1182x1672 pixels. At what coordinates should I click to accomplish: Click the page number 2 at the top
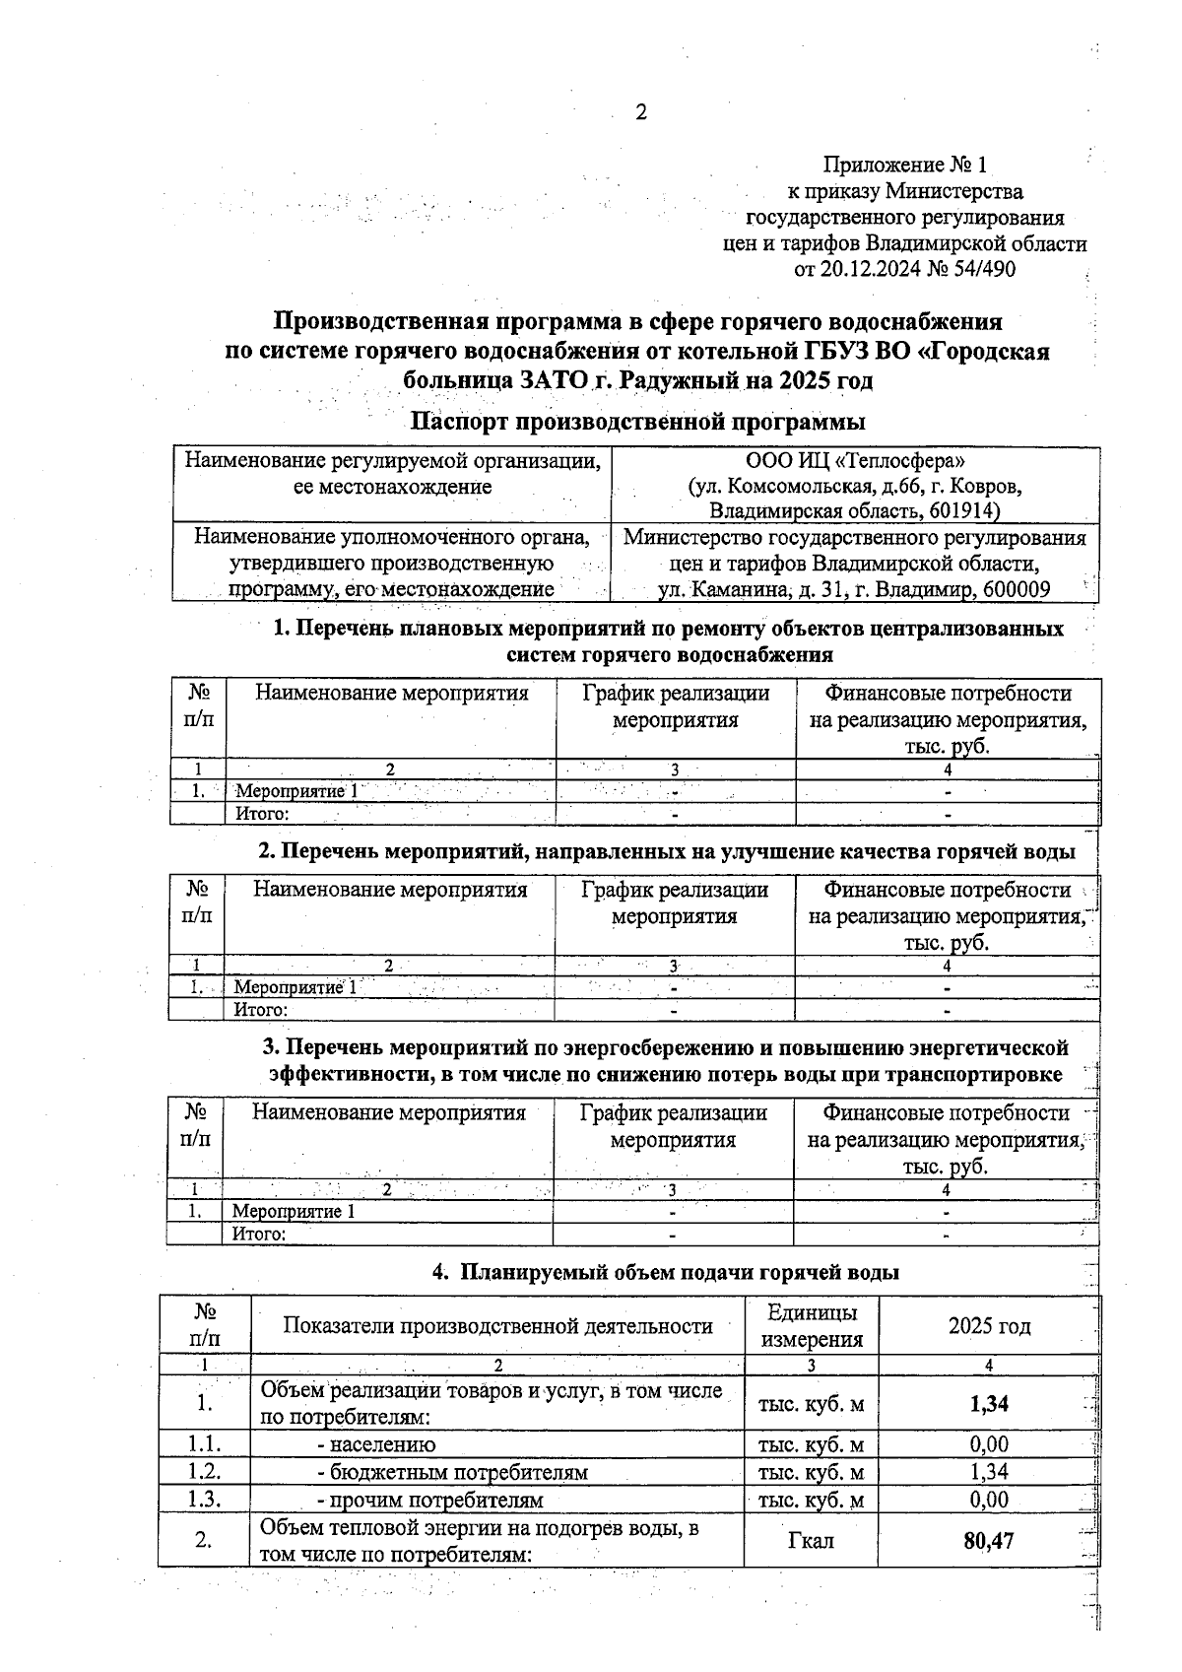pyautogui.click(x=640, y=112)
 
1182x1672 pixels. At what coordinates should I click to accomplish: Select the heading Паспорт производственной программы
pyautogui.click(x=637, y=422)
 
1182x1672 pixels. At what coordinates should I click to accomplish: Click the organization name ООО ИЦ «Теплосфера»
pyautogui.click(x=855, y=460)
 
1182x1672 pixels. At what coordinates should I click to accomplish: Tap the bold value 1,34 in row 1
pyautogui.click(x=988, y=1403)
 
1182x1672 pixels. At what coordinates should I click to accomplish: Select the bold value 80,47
pyautogui.click(x=988, y=1540)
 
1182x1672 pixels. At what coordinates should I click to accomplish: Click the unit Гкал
pyautogui.click(x=811, y=1541)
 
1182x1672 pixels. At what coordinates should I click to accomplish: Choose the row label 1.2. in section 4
pyautogui.click(x=205, y=1472)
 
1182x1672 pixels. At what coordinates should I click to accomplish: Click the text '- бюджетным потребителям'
pyautogui.click(x=452, y=1473)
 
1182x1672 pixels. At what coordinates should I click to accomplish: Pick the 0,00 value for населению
pyautogui.click(x=988, y=1444)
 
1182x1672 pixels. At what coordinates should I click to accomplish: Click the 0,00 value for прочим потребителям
pyautogui.click(x=988, y=1500)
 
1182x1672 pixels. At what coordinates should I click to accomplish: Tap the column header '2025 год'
pyautogui.click(x=989, y=1326)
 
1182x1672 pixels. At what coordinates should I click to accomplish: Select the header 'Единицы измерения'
pyautogui.click(x=812, y=1325)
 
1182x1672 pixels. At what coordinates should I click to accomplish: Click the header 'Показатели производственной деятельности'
pyautogui.click(x=497, y=1326)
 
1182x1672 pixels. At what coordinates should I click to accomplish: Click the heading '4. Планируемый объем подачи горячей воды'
pyautogui.click(x=666, y=1272)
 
